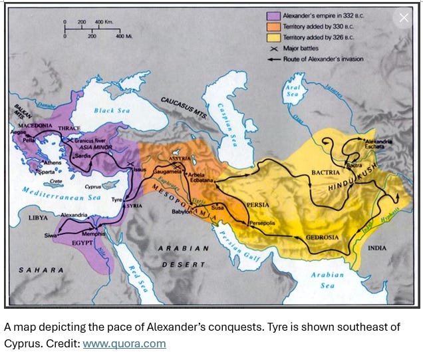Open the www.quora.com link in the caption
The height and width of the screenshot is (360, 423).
[x=124, y=343]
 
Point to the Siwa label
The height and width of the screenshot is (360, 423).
[x=52, y=235]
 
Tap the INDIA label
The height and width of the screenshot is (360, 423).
[x=377, y=248]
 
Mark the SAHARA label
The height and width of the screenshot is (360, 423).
[x=41, y=270]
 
